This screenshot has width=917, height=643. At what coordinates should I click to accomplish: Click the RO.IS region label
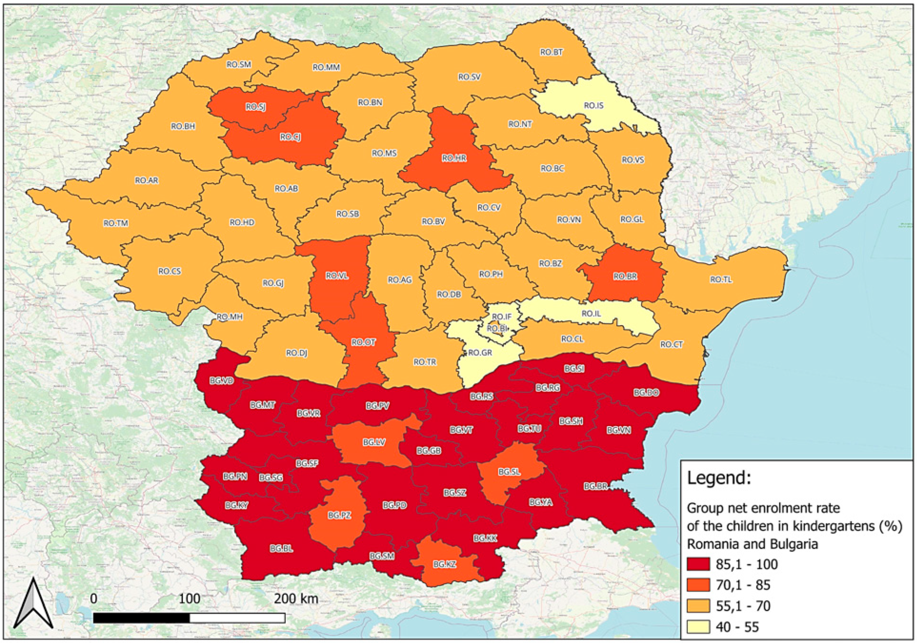tap(594, 106)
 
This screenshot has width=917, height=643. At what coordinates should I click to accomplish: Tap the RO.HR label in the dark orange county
tap(454, 158)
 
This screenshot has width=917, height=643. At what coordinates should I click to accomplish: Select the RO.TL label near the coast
tap(721, 280)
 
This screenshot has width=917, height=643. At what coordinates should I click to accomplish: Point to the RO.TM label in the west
tap(116, 223)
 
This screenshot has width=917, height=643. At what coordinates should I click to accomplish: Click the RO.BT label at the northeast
tap(552, 52)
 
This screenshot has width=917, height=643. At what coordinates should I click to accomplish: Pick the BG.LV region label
tap(374, 443)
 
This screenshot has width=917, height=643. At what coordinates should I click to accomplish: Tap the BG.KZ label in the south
tap(445, 564)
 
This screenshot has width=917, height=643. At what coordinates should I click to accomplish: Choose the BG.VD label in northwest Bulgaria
tap(222, 381)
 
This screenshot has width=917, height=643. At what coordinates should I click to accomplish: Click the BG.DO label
tap(646, 393)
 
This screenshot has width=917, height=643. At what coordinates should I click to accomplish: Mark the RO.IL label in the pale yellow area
tap(591, 313)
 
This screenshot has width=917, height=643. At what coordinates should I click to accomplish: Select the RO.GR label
tap(480, 353)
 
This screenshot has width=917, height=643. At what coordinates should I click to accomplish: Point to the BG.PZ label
tap(340, 515)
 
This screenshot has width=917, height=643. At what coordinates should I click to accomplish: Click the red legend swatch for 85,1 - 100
tap(698, 564)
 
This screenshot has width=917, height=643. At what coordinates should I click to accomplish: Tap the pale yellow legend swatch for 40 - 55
tap(698, 627)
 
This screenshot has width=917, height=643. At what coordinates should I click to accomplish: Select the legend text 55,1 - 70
tap(743, 606)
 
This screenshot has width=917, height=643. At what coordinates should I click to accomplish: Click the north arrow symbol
tap(34, 605)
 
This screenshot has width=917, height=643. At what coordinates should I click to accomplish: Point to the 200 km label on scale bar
tap(296, 599)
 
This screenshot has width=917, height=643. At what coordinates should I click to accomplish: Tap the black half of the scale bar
tap(142, 618)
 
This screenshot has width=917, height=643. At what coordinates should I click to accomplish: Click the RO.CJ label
tap(290, 137)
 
